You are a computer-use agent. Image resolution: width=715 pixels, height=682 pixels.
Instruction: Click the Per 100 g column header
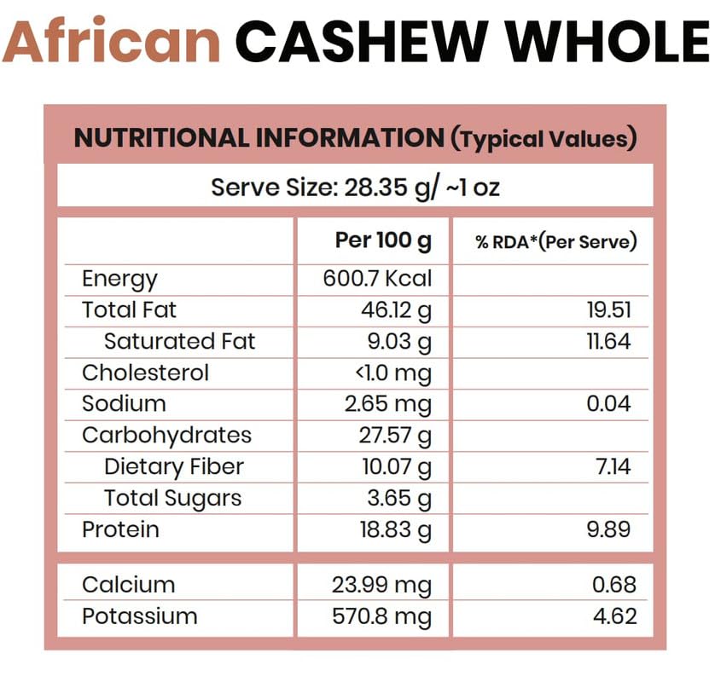pyautogui.click(x=383, y=241)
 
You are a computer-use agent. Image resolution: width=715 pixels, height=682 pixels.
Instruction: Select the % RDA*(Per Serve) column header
pyautogui.click(x=556, y=242)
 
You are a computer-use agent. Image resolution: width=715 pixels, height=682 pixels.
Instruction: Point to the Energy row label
pyautogui.click(x=119, y=279)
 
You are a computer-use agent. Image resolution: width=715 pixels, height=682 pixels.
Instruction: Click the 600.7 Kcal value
pyautogui.click(x=377, y=279)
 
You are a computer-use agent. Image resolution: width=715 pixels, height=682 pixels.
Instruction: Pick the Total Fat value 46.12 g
pyautogui.click(x=396, y=310)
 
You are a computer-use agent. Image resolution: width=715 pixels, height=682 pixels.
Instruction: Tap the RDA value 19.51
pyautogui.click(x=608, y=310)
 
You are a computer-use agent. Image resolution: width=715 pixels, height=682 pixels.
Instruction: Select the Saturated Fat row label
pyautogui.click(x=179, y=342)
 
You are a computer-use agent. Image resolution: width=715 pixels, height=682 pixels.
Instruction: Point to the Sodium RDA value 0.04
pyautogui.click(x=608, y=404)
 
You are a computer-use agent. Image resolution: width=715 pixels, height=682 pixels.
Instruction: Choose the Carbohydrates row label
pyautogui.click(x=166, y=436)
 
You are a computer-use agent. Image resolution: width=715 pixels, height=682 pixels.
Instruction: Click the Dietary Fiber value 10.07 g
pyautogui.click(x=396, y=467)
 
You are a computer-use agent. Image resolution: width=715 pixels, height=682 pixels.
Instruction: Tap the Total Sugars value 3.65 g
pyautogui.click(x=400, y=499)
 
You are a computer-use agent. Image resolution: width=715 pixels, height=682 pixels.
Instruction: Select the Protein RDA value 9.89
pyautogui.click(x=608, y=529)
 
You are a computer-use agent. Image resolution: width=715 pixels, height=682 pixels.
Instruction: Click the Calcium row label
pyautogui.click(x=128, y=585)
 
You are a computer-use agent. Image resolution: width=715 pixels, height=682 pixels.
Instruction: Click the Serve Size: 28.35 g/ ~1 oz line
pyautogui.click(x=355, y=187)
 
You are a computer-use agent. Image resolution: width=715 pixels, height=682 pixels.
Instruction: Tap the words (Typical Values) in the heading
pyautogui.click(x=544, y=139)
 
